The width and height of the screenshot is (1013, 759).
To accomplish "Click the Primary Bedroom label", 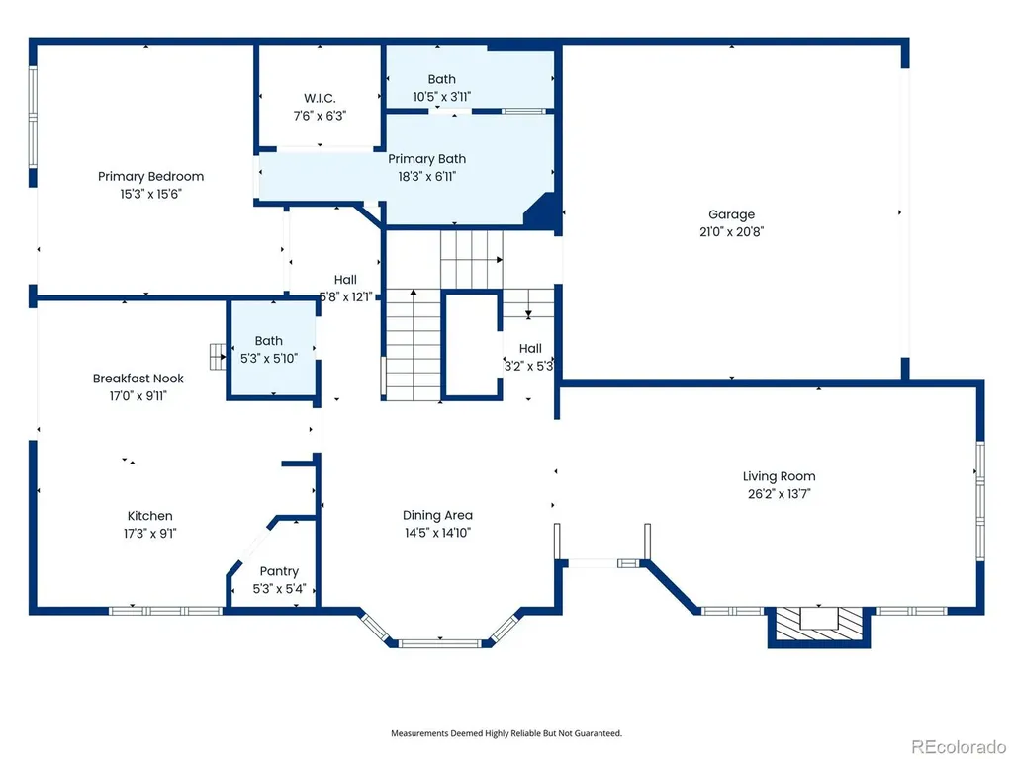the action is (x=150, y=176).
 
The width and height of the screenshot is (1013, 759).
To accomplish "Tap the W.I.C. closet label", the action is (x=320, y=98).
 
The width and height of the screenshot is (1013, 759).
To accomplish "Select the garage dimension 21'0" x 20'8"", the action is (x=731, y=231).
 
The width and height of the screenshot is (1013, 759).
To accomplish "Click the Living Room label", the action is (x=779, y=476).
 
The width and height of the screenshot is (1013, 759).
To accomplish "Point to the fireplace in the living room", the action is (x=818, y=625).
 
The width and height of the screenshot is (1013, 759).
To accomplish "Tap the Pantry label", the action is (x=279, y=571).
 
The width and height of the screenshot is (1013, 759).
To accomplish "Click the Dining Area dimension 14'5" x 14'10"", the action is (x=437, y=533).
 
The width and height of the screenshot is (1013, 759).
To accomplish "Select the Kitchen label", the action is (x=150, y=516).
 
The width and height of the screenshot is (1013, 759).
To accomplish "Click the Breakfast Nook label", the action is (x=138, y=379).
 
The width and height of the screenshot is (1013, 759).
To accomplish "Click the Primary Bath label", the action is (x=426, y=159).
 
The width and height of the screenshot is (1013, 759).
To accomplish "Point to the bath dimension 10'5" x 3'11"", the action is (x=442, y=97).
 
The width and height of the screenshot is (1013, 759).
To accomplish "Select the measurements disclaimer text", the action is (x=506, y=733).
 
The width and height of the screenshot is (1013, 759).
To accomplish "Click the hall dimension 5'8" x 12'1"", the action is (x=346, y=296).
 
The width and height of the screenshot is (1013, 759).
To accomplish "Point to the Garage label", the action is (x=731, y=214).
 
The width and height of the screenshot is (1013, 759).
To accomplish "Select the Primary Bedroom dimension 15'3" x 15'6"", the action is (x=150, y=194).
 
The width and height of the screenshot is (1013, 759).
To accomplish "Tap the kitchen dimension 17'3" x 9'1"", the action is (x=150, y=533).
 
